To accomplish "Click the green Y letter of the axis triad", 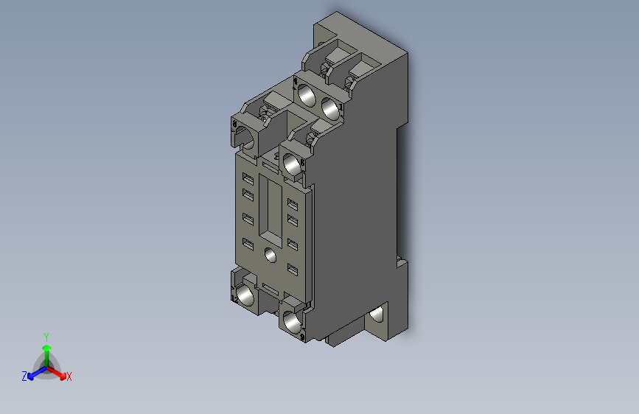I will click(46, 335).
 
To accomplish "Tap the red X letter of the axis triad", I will click(69, 376).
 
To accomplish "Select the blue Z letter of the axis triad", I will click(24, 376).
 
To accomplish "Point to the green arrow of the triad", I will click(46, 348).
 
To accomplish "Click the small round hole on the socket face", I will click(270, 256).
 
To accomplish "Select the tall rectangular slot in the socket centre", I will click(273, 211).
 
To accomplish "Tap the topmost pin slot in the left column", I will click(248, 179).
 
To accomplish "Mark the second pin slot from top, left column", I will click(248, 195).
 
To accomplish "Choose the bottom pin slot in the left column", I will click(248, 245).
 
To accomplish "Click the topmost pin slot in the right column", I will click(293, 204).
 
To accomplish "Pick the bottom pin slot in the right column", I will click(293, 270).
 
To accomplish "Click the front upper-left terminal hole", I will click(248, 137).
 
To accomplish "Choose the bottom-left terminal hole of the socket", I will click(245, 295).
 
